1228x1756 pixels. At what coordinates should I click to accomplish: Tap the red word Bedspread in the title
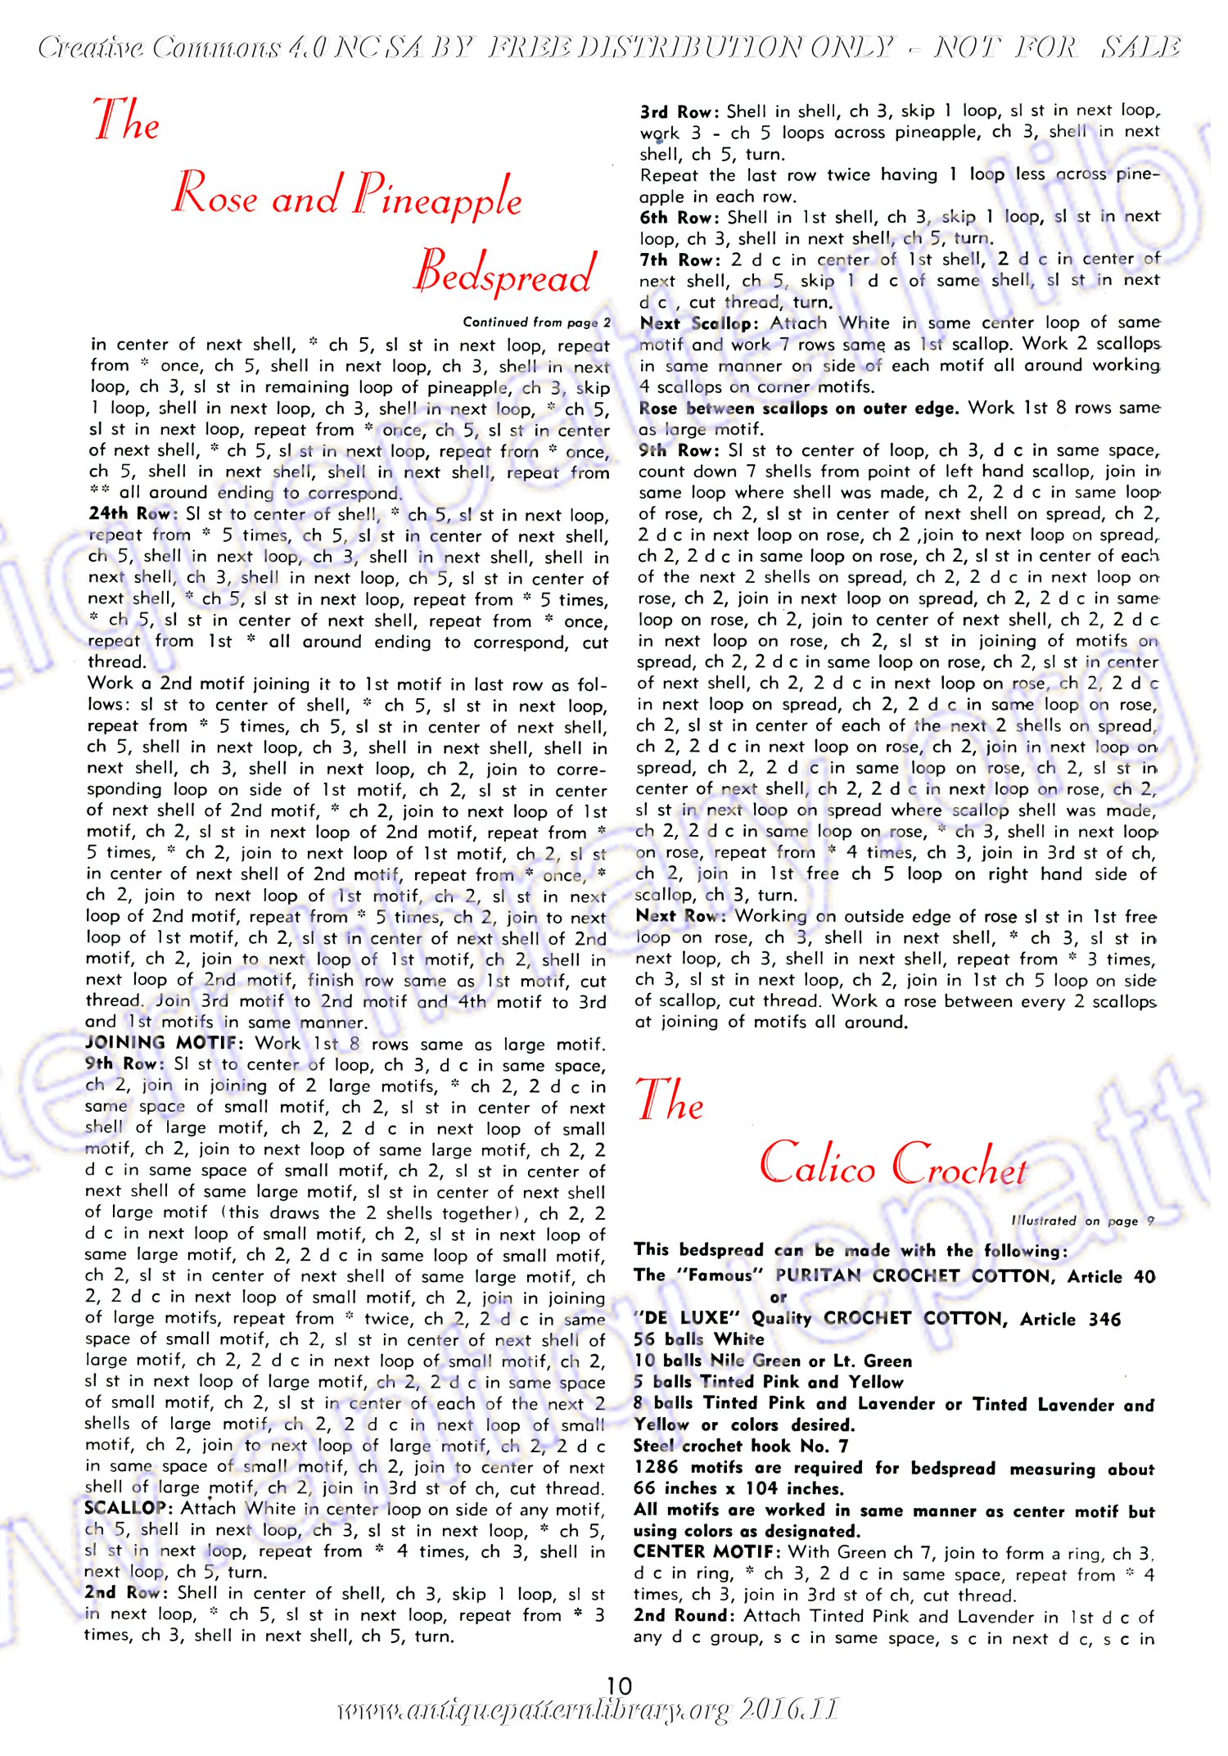[x=503, y=274]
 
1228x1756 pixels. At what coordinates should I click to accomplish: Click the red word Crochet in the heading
[x=959, y=1164]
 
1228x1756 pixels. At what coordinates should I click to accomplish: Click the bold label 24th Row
[x=129, y=514]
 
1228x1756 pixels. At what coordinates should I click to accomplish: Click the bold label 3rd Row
[x=679, y=111]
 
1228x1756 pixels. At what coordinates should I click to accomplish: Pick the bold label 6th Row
[x=679, y=217]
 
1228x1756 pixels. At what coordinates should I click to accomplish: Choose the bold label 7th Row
[x=679, y=260]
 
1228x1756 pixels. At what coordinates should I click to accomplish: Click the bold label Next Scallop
[x=700, y=323]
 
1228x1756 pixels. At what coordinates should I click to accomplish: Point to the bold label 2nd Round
[x=684, y=1615]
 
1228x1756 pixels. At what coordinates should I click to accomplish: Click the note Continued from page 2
[x=536, y=322]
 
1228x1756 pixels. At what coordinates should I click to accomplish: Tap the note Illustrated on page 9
[x=1082, y=1221]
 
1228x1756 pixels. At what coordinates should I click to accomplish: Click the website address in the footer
[x=587, y=1711]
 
